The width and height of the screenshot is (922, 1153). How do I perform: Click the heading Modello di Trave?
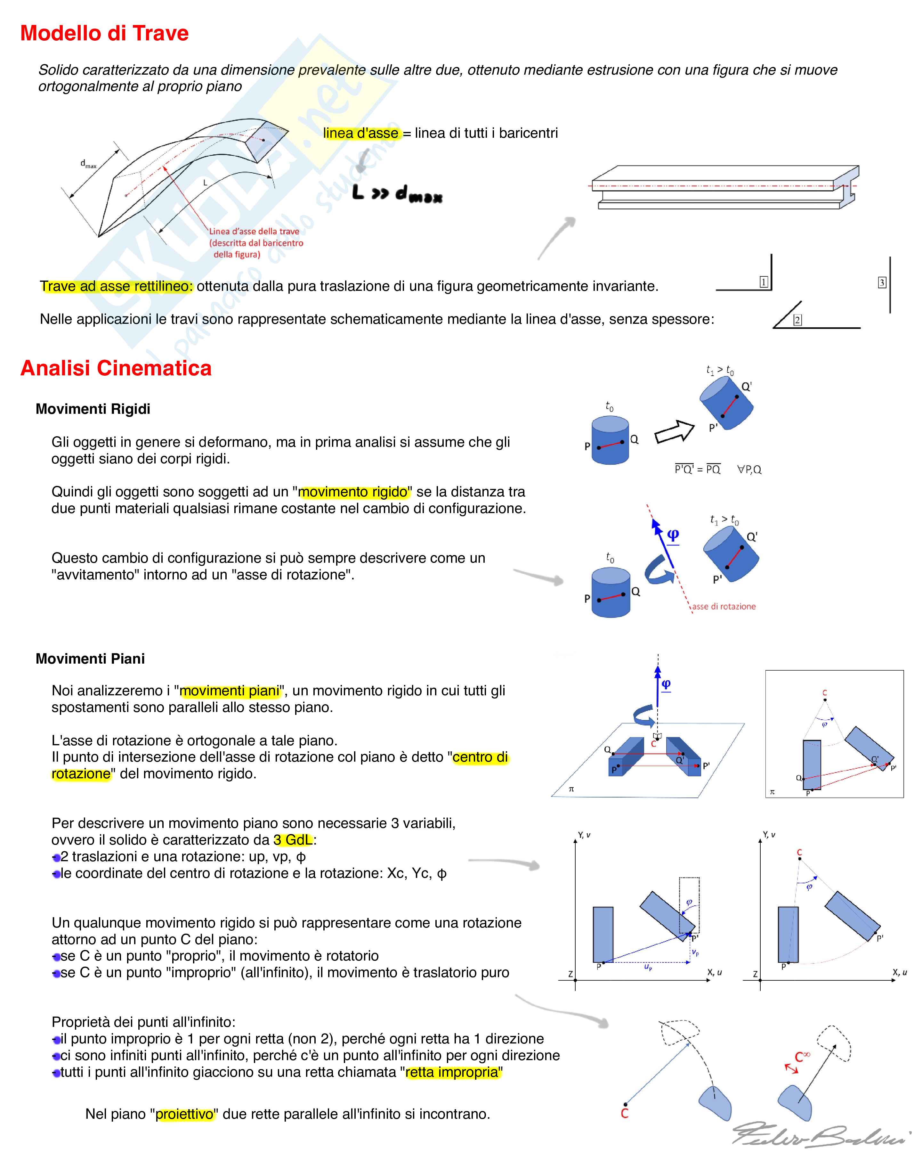(104, 33)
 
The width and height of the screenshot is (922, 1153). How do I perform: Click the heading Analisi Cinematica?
(116, 368)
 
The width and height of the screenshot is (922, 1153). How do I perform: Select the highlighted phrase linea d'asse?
(361, 133)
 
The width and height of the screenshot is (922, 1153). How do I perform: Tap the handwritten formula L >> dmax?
(397, 193)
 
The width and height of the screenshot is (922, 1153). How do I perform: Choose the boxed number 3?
(882, 282)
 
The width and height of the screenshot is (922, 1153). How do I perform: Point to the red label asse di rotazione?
(724, 607)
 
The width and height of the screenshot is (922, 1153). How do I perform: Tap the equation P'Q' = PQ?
(698, 470)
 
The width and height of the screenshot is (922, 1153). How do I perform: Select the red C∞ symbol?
(802, 1057)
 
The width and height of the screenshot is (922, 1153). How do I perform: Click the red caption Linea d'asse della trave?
(255, 232)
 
